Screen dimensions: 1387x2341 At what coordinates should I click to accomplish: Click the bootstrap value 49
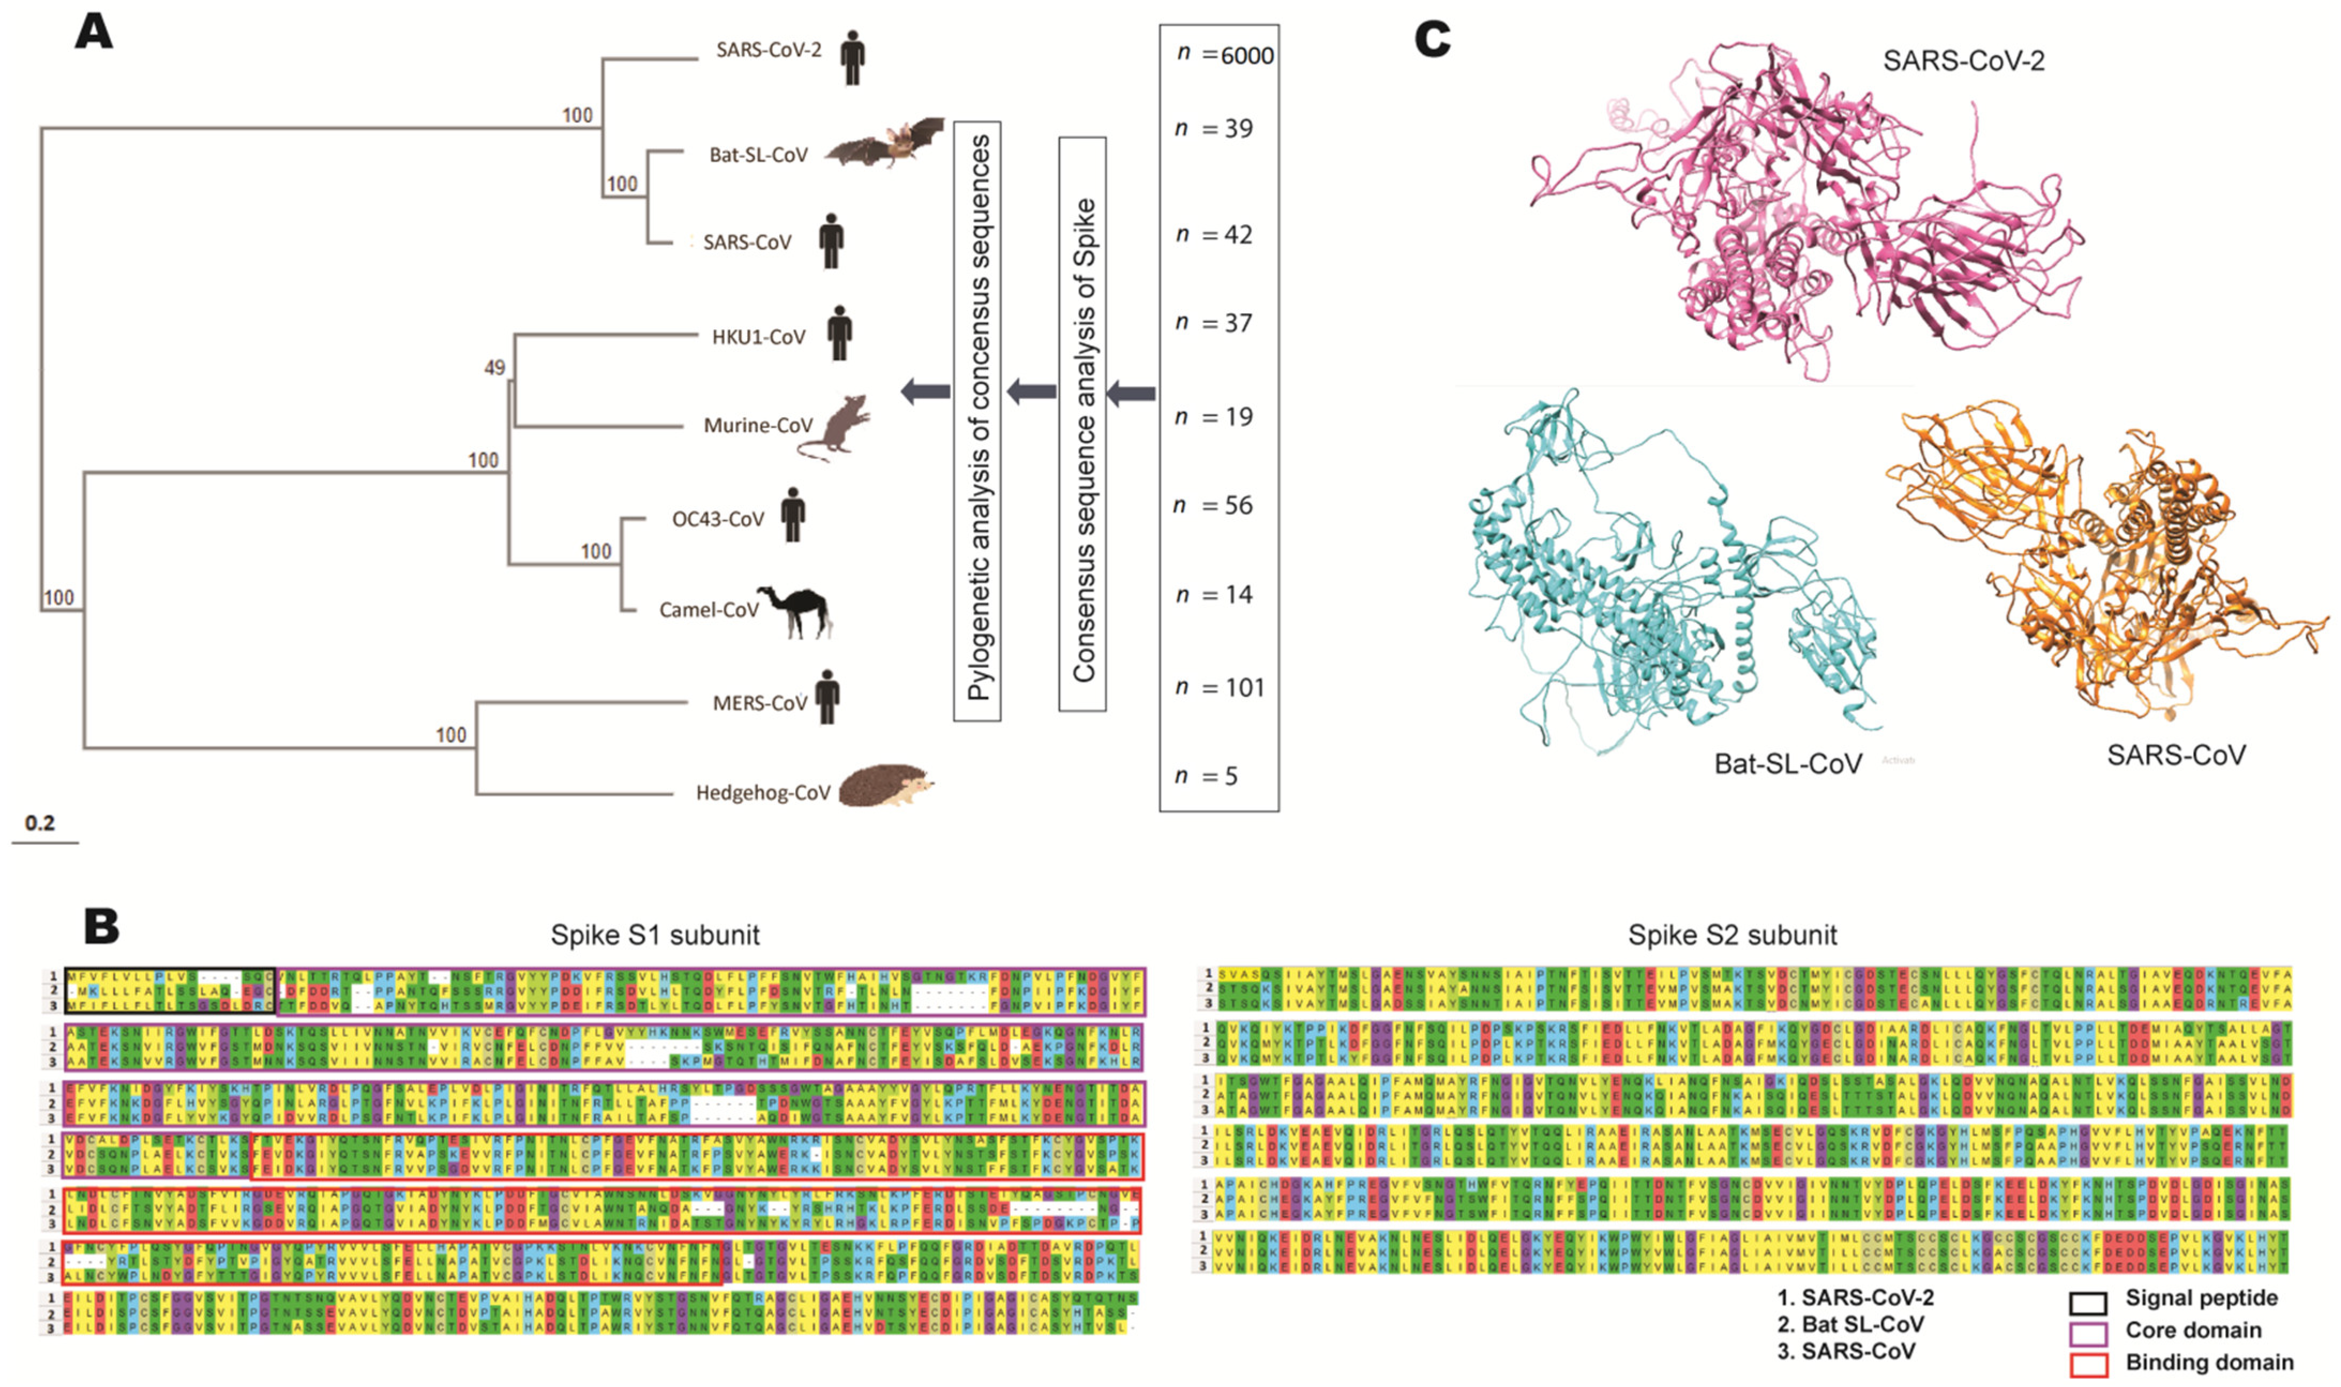click(x=494, y=367)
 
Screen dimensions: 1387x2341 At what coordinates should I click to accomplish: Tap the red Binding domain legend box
click(x=2089, y=1365)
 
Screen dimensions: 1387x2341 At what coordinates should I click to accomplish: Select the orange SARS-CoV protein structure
click(x=2103, y=561)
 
